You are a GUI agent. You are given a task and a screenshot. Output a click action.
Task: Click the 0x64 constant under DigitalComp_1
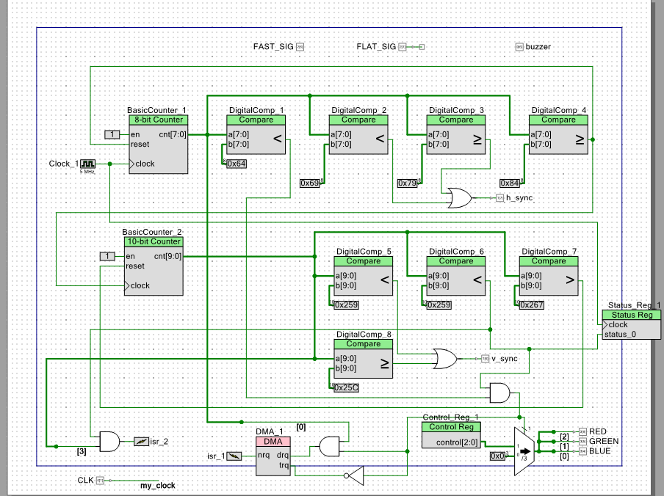(x=236, y=164)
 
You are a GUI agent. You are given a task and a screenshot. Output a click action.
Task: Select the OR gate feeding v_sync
(x=444, y=359)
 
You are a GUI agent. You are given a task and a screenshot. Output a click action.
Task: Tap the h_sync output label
(x=519, y=198)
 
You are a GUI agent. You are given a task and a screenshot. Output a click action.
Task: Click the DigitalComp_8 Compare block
(x=364, y=359)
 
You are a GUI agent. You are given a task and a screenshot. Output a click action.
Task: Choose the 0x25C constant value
(x=346, y=387)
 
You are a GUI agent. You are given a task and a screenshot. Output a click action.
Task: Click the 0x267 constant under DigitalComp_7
(x=532, y=304)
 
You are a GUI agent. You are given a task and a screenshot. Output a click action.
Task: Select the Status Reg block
(x=631, y=324)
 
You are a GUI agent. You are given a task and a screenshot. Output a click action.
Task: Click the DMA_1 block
(x=273, y=456)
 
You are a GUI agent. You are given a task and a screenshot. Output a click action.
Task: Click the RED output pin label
(x=599, y=431)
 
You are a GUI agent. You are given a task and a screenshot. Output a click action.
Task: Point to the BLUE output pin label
(x=599, y=451)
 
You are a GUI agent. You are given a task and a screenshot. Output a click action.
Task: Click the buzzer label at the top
(x=538, y=47)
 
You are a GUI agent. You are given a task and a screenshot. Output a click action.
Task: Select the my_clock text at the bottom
(x=158, y=486)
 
